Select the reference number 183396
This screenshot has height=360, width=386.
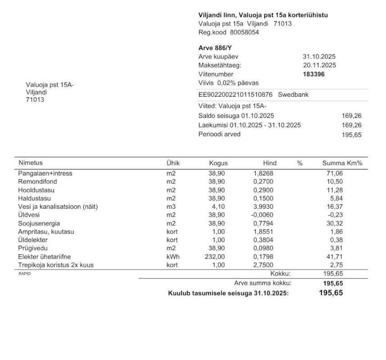click(x=313, y=74)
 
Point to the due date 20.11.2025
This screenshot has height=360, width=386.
click(x=319, y=65)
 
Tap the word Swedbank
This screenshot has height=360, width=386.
click(x=293, y=95)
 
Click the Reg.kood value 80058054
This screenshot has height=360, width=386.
click(x=245, y=32)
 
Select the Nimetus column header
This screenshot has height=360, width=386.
click(x=30, y=163)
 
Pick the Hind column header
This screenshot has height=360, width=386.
click(x=270, y=163)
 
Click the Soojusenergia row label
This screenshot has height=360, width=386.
click(x=39, y=223)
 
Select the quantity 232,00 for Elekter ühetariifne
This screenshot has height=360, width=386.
click(x=215, y=256)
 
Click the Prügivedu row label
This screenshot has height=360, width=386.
click(x=33, y=248)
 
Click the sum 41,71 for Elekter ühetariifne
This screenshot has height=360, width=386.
click(x=334, y=256)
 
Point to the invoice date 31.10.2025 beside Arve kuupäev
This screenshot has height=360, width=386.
click(x=319, y=57)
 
